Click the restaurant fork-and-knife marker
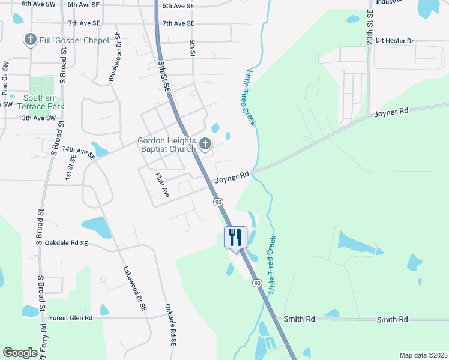click(235, 236)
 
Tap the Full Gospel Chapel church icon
click(31, 41)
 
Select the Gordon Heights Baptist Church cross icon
click(206, 144)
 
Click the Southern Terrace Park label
click(41, 102)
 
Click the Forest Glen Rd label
click(71, 318)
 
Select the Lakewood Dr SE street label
click(135, 289)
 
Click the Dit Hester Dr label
click(393, 41)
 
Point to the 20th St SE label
click(370, 28)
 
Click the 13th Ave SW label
click(36, 118)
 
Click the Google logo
click(20, 353)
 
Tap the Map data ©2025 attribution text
click(424, 355)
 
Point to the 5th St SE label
click(164, 76)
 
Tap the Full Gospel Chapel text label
click(74, 41)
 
